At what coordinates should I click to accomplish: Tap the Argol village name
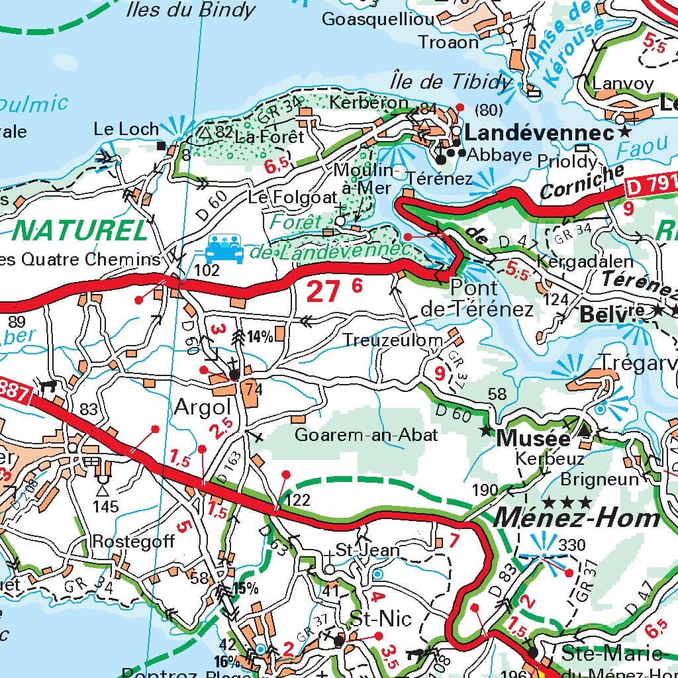coord(202,407)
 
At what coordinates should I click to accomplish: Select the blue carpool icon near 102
coord(224,250)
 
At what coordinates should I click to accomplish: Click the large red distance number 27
coord(324,291)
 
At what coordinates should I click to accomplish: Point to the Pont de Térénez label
coord(477,299)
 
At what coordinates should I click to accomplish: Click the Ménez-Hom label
coord(577,518)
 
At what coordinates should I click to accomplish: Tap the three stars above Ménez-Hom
coord(567,502)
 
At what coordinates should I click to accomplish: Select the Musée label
coord(533,438)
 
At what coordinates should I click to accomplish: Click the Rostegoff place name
coord(134,541)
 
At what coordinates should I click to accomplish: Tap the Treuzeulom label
coord(393,340)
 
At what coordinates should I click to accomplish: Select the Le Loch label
coord(126,128)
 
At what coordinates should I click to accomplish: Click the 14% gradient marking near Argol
coord(260,336)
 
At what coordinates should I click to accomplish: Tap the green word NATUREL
coord(80,231)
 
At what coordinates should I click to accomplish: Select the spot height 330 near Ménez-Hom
coord(572,545)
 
